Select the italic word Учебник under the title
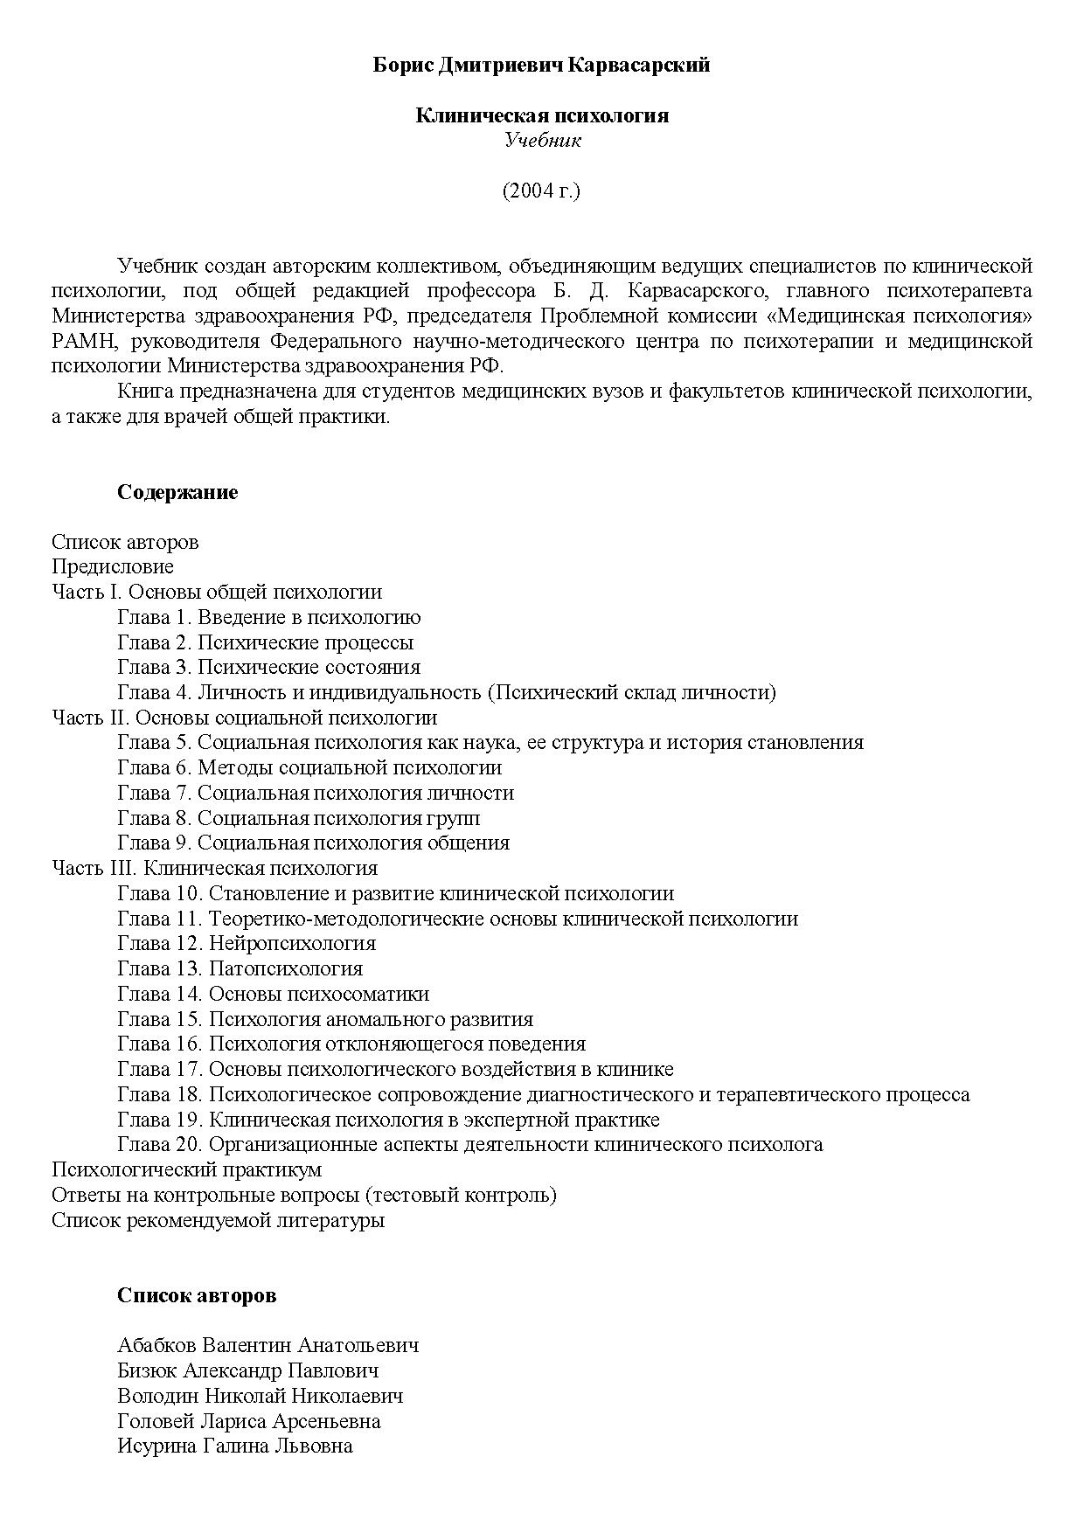point(542,141)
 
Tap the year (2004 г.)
point(541,191)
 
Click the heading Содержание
point(177,492)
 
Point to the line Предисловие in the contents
point(113,566)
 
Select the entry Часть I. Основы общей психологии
point(217,592)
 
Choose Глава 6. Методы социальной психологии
point(309,767)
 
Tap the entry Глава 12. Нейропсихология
point(247,943)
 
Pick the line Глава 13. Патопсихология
point(240,968)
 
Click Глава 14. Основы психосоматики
point(273,994)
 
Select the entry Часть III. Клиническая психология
point(214,868)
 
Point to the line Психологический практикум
point(186,1169)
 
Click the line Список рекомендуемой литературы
point(218,1220)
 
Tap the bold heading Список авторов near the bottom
point(197,1295)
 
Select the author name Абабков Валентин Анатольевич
point(268,1345)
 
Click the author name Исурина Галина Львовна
point(234,1446)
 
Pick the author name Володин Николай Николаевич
point(260,1396)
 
